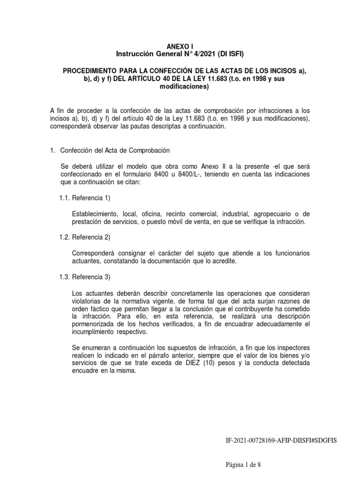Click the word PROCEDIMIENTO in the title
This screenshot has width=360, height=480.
point(91,70)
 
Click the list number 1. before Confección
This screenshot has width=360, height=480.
point(52,150)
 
